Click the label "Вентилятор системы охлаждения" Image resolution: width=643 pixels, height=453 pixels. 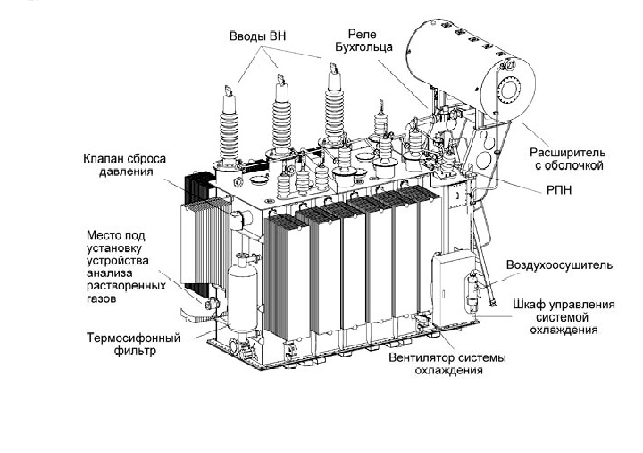click(447, 365)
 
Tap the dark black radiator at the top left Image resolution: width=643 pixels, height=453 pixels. click(195, 188)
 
